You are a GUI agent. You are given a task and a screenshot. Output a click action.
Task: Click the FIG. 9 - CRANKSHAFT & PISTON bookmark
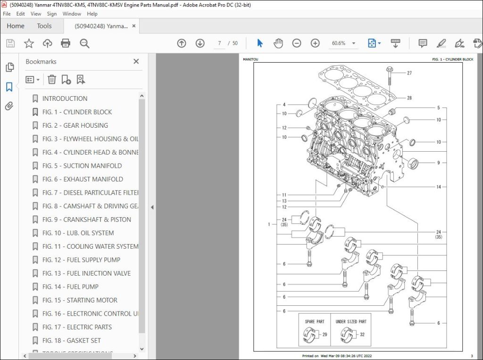point(86,220)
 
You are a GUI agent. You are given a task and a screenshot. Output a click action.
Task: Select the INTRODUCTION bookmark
point(65,98)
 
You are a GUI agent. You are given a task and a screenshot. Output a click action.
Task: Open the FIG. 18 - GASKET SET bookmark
point(71,340)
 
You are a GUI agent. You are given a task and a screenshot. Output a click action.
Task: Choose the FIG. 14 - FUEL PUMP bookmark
point(70,286)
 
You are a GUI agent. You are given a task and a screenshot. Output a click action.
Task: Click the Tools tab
point(44,26)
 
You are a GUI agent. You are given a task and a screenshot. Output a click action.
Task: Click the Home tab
point(16,26)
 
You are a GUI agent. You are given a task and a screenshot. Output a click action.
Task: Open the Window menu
point(72,14)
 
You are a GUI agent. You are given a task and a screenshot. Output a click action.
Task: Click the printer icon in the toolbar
point(66,43)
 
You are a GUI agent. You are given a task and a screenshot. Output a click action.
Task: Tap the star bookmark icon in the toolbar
point(29,43)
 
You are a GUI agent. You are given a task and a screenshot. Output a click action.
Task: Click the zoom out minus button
point(296,43)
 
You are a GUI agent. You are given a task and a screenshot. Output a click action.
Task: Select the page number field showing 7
point(219,43)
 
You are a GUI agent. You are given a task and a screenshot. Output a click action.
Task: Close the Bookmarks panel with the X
point(136,61)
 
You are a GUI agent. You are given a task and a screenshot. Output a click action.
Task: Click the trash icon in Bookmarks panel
point(52,80)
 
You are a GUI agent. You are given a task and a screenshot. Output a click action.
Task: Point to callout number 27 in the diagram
point(409,73)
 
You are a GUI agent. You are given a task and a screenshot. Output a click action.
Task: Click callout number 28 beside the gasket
point(409,98)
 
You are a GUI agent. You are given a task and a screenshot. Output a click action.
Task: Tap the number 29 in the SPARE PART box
point(324,334)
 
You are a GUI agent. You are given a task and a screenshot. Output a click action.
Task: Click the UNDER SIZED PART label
point(350,321)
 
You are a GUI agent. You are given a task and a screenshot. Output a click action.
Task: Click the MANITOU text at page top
point(250,59)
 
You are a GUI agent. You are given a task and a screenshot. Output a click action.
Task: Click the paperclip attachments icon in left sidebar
point(9,106)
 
